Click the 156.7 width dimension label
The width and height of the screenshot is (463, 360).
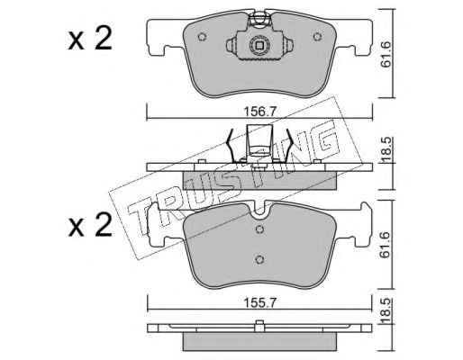click(x=259, y=112)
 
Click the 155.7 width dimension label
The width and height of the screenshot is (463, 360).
click(x=259, y=303)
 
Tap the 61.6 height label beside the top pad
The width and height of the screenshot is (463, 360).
click(x=385, y=55)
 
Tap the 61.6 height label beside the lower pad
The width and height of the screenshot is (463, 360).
click(x=385, y=245)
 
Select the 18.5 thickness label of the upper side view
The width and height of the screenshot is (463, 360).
click(x=386, y=148)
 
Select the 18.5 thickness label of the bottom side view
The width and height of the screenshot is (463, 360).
click(x=386, y=310)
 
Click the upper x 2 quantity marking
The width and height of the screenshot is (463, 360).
click(x=90, y=40)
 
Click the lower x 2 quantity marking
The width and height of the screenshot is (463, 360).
click(x=90, y=226)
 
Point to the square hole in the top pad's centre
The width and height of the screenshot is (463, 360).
click(x=259, y=45)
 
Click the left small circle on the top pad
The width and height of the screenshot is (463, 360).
click(x=202, y=37)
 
